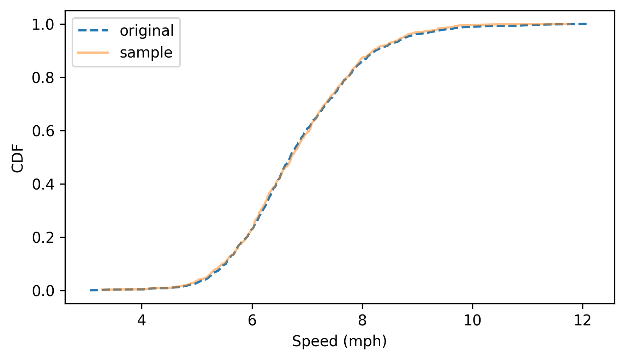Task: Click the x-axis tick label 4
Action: (x=142, y=320)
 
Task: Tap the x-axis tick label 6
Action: (x=252, y=320)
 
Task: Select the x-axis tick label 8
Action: (x=362, y=320)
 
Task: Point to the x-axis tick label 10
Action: (x=472, y=320)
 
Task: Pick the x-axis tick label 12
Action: (x=583, y=320)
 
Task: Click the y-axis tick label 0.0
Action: (x=43, y=291)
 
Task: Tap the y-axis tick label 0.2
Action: (x=43, y=238)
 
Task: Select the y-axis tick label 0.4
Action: (x=43, y=185)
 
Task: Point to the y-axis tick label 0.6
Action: (x=43, y=131)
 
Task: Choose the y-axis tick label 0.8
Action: (x=43, y=78)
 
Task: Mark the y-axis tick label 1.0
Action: (x=43, y=25)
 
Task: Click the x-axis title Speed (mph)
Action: (x=339, y=341)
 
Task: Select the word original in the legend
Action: (x=147, y=31)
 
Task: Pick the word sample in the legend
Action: (x=146, y=53)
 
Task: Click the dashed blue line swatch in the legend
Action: (x=93, y=31)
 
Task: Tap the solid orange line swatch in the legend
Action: (x=93, y=53)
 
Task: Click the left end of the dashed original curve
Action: (x=91, y=290)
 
